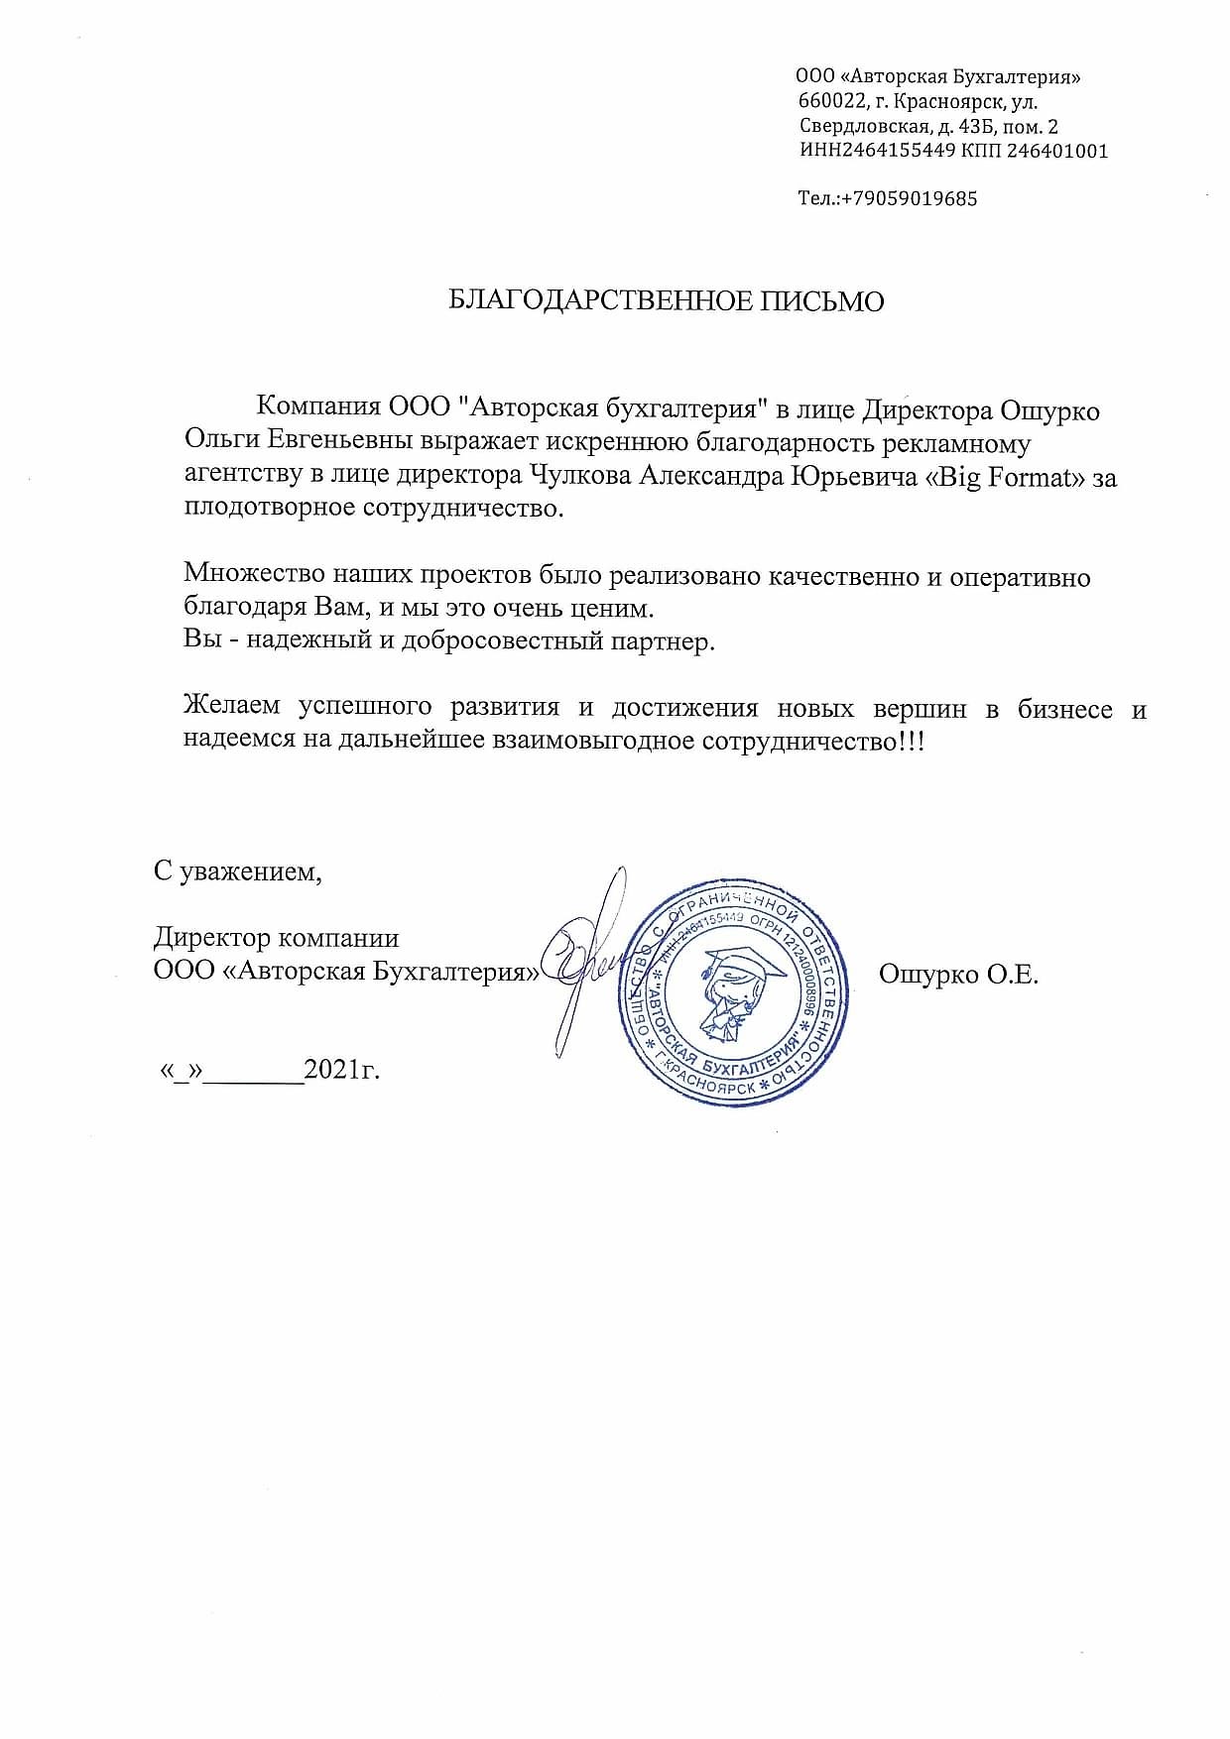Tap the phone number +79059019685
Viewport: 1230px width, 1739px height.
[x=910, y=198]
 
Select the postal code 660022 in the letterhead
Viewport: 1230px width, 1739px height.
[x=830, y=101]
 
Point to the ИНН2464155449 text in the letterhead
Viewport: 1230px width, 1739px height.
[x=877, y=151]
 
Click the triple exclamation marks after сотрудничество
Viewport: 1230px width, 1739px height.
[x=912, y=742]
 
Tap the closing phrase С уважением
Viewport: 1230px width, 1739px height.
[x=238, y=871]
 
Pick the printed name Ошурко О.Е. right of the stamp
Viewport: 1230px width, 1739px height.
[x=958, y=975]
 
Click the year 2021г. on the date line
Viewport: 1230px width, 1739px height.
[x=342, y=1070]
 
